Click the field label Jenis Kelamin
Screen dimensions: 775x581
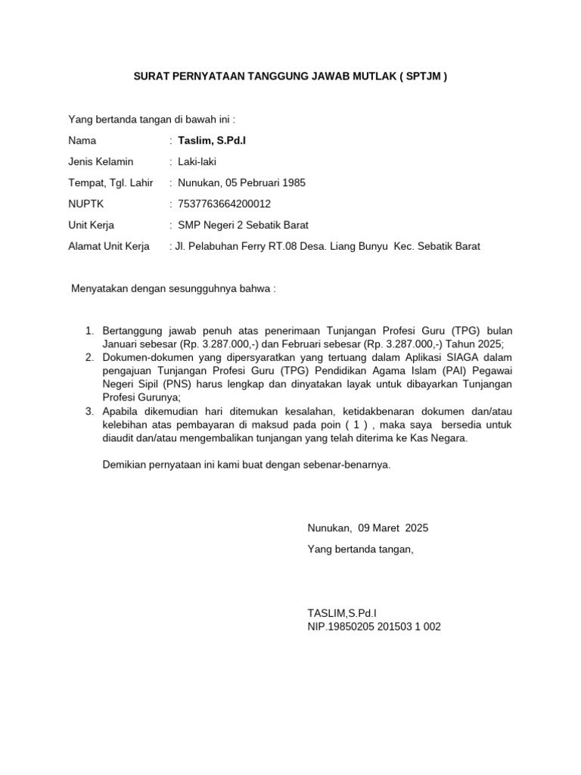click(x=101, y=161)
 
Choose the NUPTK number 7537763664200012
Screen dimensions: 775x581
click(x=224, y=204)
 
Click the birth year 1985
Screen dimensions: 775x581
click(x=293, y=182)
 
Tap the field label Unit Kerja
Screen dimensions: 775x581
click(x=91, y=225)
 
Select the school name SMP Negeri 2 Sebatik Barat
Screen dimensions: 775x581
click(x=243, y=225)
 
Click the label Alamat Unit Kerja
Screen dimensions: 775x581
click(x=109, y=246)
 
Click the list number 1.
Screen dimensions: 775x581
click(x=88, y=331)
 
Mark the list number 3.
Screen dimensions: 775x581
click(x=88, y=411)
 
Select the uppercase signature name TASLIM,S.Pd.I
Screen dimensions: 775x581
click(x=342, y=612)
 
